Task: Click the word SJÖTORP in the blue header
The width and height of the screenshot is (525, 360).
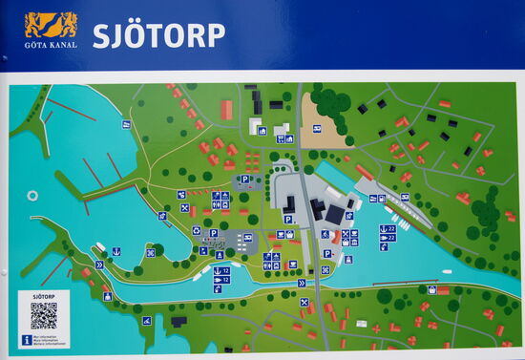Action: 158,35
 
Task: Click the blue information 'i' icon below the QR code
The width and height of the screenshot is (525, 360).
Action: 27,339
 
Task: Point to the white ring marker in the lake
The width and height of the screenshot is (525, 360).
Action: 32,196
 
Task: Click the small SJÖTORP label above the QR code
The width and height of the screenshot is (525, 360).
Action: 43,296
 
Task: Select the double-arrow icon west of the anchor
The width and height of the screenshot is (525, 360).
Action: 99,264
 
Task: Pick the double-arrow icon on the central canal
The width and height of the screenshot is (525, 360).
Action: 302,283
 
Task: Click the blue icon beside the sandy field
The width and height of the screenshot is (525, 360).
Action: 317,128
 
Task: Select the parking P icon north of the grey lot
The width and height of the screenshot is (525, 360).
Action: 244,179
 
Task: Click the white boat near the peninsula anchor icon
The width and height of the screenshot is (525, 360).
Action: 100,248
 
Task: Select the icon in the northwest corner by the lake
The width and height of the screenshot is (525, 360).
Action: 126,124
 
